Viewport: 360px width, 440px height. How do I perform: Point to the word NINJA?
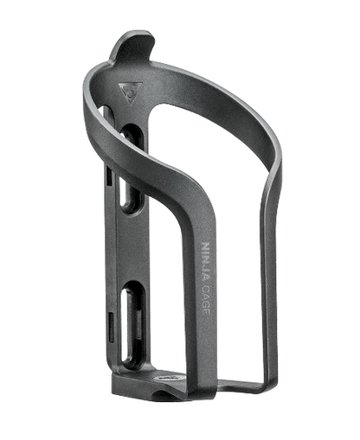(204, 260)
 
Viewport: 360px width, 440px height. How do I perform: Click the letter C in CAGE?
(205, 285)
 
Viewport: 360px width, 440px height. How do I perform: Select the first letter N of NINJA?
(204, 246)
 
